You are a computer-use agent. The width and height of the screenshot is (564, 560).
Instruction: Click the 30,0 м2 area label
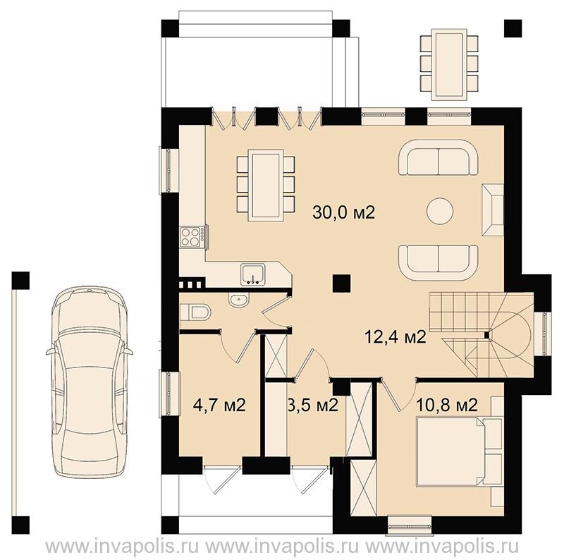344,212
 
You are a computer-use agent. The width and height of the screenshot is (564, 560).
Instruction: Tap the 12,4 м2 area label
396,337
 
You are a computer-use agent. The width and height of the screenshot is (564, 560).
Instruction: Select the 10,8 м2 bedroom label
447,406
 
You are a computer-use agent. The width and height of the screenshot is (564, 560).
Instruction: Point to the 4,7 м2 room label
219,406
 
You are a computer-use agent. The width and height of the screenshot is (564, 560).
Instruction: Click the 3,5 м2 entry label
313,406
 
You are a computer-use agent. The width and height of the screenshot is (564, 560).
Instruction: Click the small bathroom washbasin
238,300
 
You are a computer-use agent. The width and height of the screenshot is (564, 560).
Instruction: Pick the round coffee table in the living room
439,212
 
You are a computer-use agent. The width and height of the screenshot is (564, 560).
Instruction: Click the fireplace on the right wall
493,209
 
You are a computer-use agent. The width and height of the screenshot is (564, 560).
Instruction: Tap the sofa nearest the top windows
438,158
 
